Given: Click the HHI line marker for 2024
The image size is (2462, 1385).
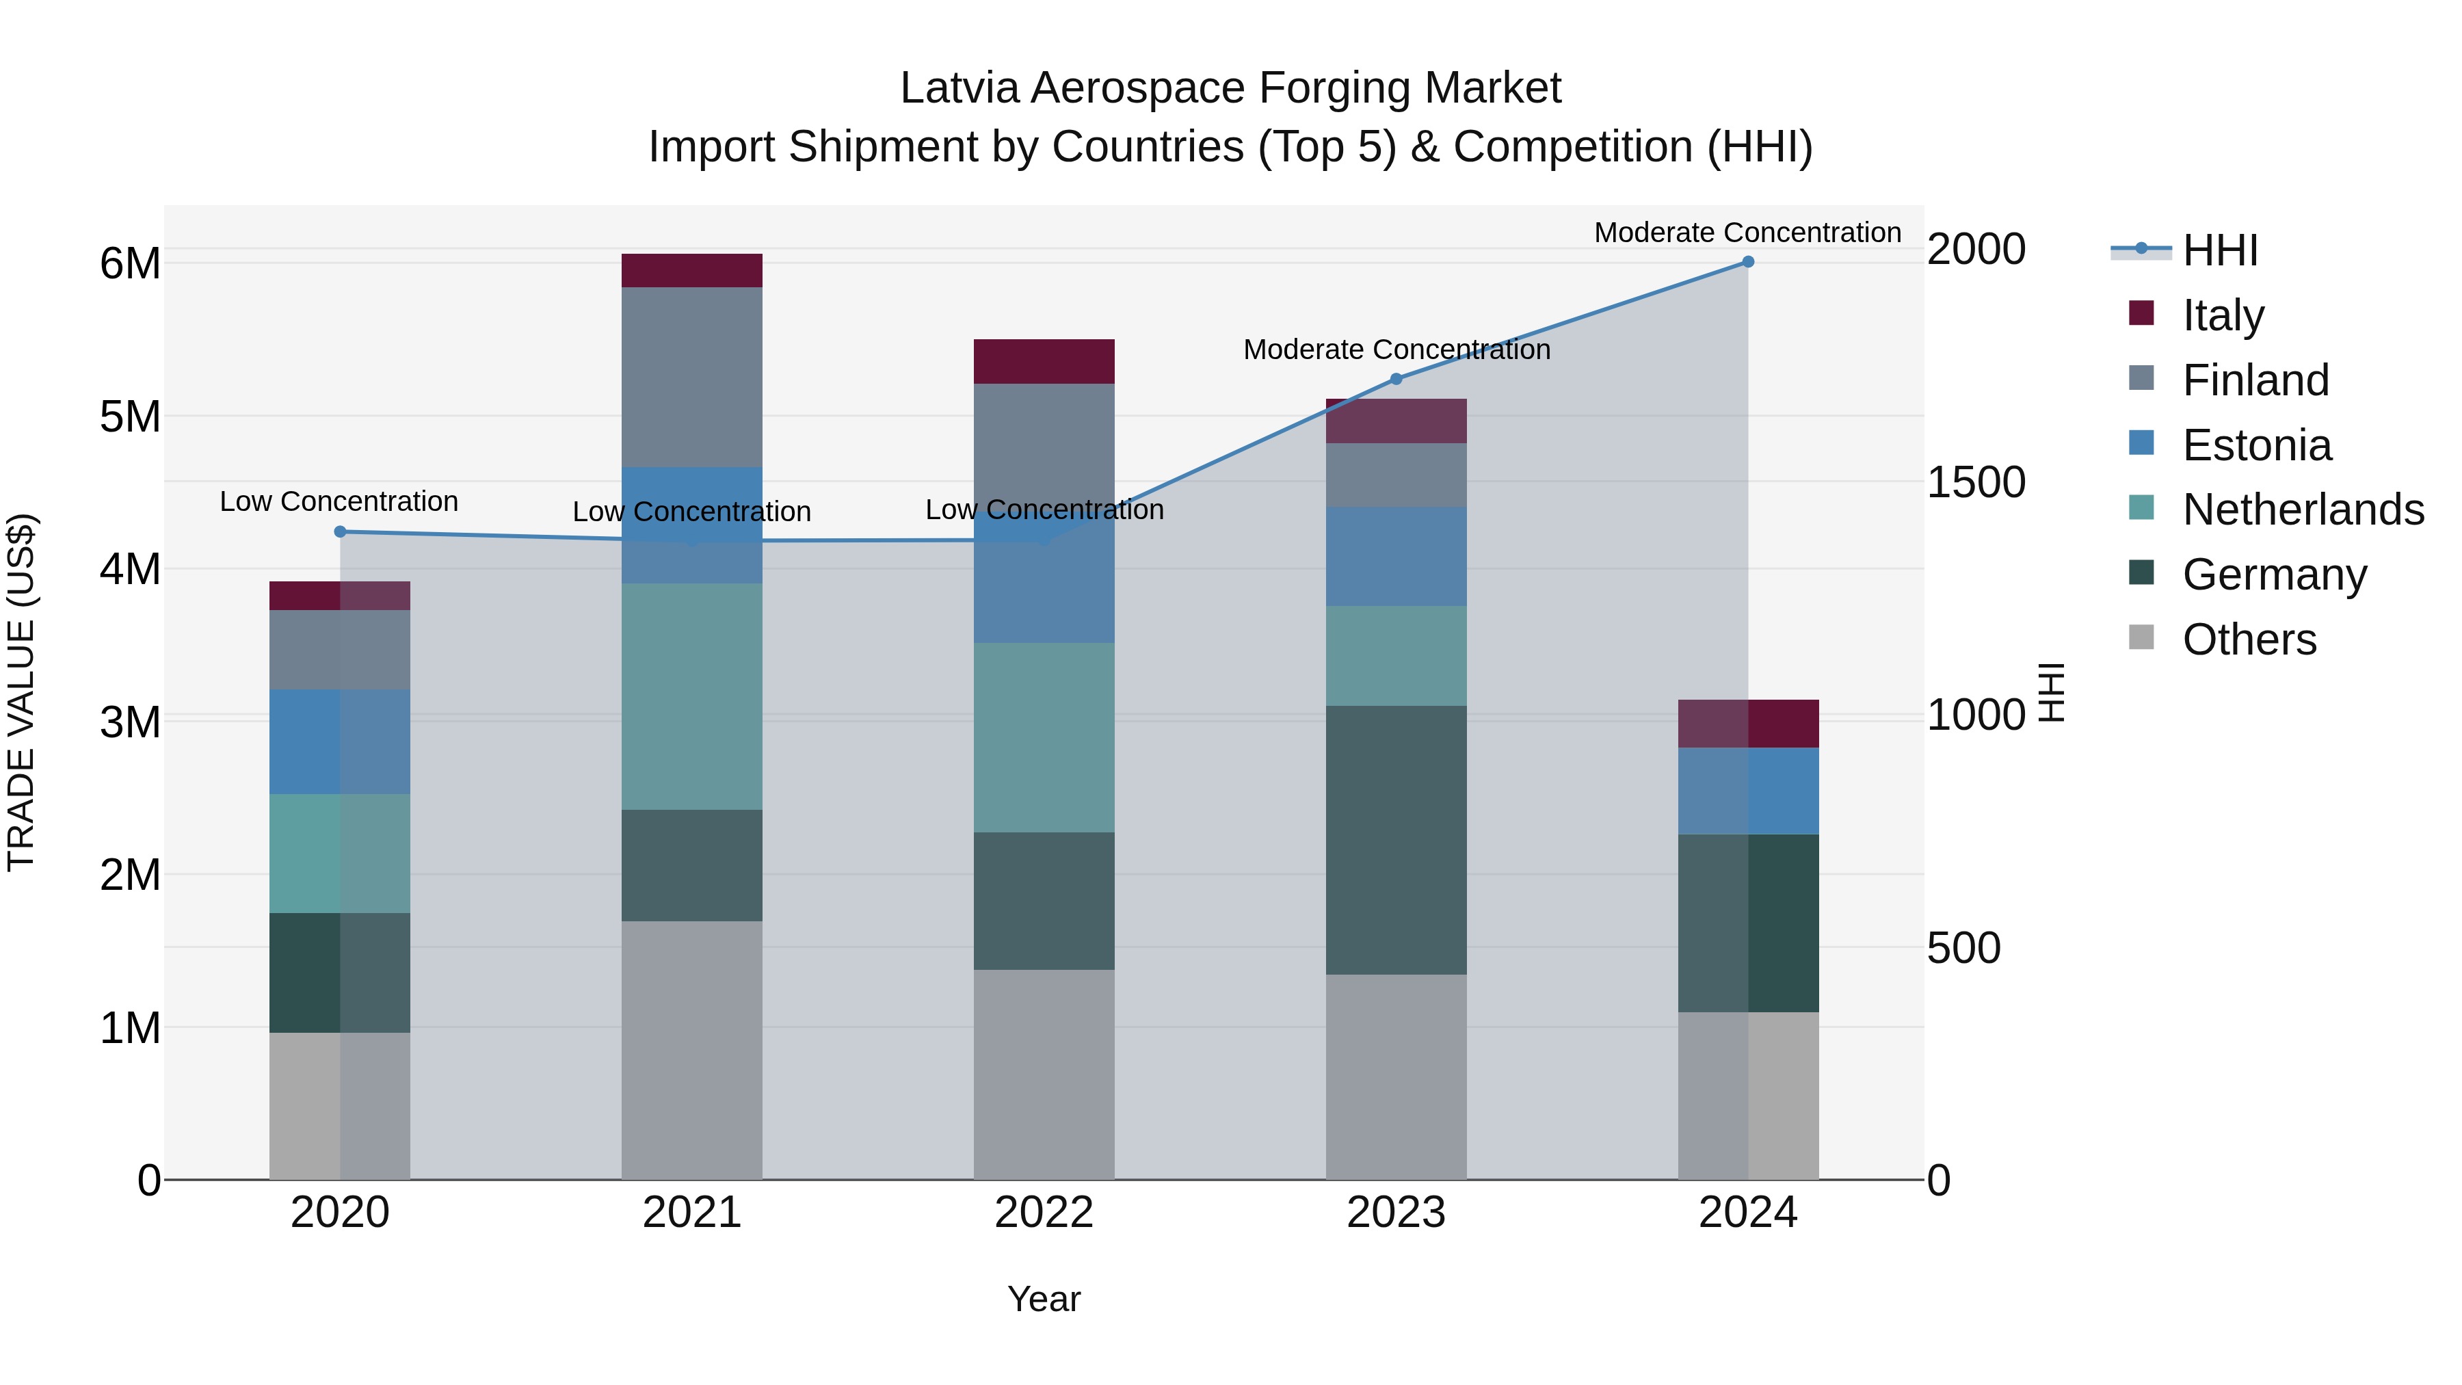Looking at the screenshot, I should click(1747, 262).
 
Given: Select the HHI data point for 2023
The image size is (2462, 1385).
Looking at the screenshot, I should click(1395, 378).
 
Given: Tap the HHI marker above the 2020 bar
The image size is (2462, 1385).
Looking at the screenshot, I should click(341, 531).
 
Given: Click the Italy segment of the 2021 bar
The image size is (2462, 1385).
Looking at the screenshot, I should click(692, 270).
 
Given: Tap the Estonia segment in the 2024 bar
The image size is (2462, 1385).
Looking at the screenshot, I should click(1747, 791).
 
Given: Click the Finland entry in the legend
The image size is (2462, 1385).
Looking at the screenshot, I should click(2255, 380).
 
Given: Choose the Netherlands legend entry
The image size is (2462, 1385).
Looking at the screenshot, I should click(2303, 510).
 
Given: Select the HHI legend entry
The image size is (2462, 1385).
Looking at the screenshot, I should click(2219, 250).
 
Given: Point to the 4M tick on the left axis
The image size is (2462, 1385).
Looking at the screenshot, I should click(130, 570).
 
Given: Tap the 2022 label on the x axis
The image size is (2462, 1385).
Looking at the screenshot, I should click(1044, 1213).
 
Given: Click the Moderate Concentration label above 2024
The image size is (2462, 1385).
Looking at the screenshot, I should click(1747, 233).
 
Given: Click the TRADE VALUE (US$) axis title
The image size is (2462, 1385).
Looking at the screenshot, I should click(21, 692).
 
